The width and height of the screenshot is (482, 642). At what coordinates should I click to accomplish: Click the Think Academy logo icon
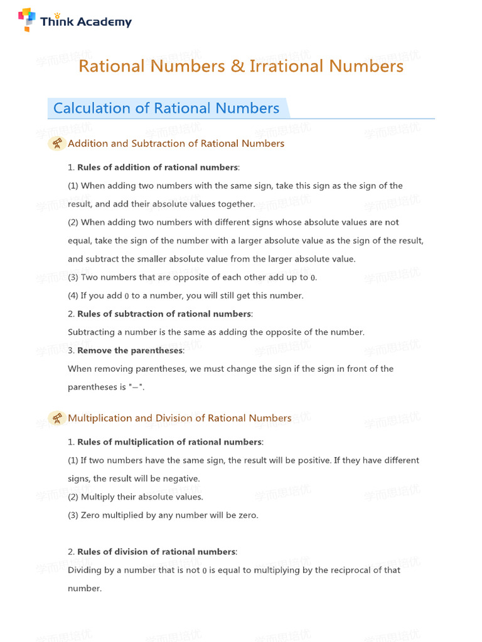(27, 20)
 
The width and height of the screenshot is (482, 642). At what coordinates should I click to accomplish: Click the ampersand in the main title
(238, 66)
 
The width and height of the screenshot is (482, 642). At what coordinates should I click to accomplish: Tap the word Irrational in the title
(287, 66)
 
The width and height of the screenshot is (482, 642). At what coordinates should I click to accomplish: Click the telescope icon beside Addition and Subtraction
(57, 144)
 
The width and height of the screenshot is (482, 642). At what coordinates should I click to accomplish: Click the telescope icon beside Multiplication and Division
(57, 418)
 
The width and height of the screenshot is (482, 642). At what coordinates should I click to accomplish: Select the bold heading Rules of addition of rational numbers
(158, 167)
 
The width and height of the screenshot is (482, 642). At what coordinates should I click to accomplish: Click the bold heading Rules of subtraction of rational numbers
(164, 313)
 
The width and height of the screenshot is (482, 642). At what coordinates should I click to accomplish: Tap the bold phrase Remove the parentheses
(130, 350)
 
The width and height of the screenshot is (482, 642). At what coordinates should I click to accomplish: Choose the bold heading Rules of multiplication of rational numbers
(170, 442)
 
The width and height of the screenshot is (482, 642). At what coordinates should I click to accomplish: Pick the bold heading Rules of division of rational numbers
(157, 552)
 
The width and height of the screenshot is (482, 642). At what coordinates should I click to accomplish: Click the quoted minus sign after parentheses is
(136, 387)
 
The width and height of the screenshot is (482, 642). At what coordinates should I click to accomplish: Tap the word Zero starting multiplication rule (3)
(92, 515)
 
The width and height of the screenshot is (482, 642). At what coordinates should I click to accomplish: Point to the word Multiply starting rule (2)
(99, 497)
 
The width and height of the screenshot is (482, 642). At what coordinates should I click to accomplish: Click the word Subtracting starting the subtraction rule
(92, 332)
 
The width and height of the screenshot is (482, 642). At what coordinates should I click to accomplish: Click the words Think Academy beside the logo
(86, 22)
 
